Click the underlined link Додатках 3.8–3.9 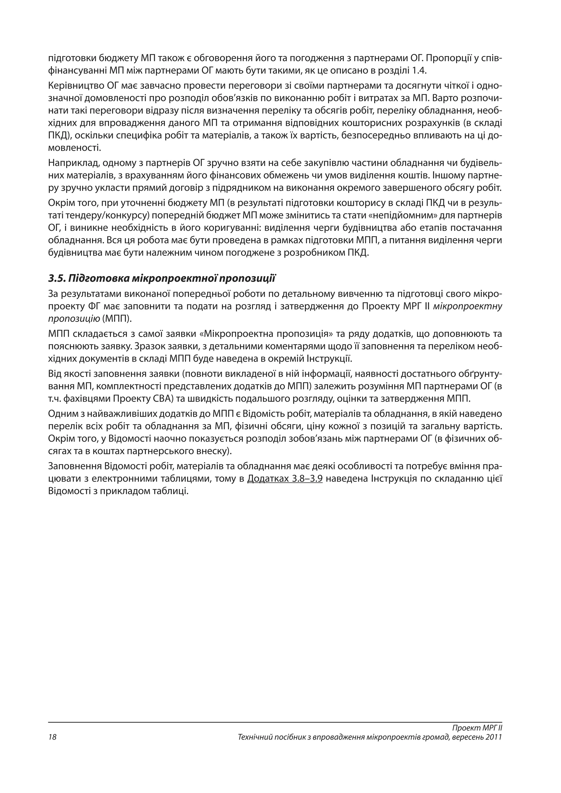(x=285, y=479)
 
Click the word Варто (x=450, y=98)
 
